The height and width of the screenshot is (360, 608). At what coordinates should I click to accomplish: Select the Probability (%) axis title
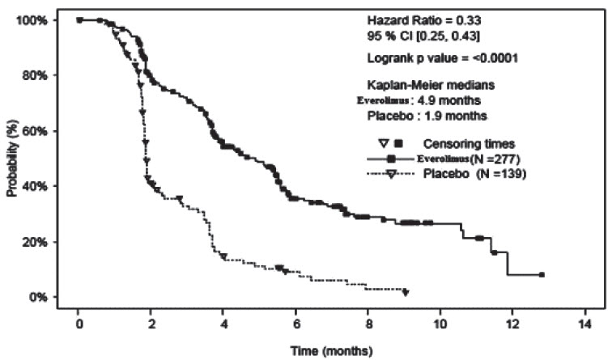pos(12,159)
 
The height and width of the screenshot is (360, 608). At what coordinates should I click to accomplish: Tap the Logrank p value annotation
pos(432,57)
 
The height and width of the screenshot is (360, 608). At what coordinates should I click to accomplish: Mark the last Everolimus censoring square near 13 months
pos(542,275)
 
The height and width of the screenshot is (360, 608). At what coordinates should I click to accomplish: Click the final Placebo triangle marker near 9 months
pos(406,291)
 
